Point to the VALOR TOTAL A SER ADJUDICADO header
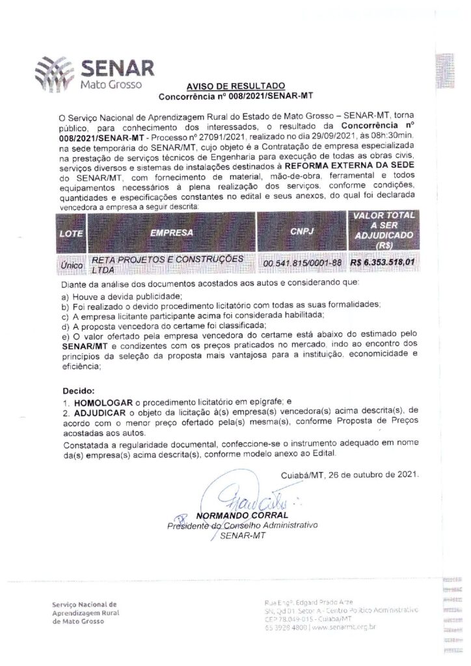click(x=383, y=232)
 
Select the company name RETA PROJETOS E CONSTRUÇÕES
click(x=168, y=259)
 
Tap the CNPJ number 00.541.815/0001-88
click(x=303, y=263)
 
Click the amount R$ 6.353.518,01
click(x=382, y=263)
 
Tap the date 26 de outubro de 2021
click(x=373, y=474)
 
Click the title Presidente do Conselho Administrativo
click(x=241, y=526)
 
